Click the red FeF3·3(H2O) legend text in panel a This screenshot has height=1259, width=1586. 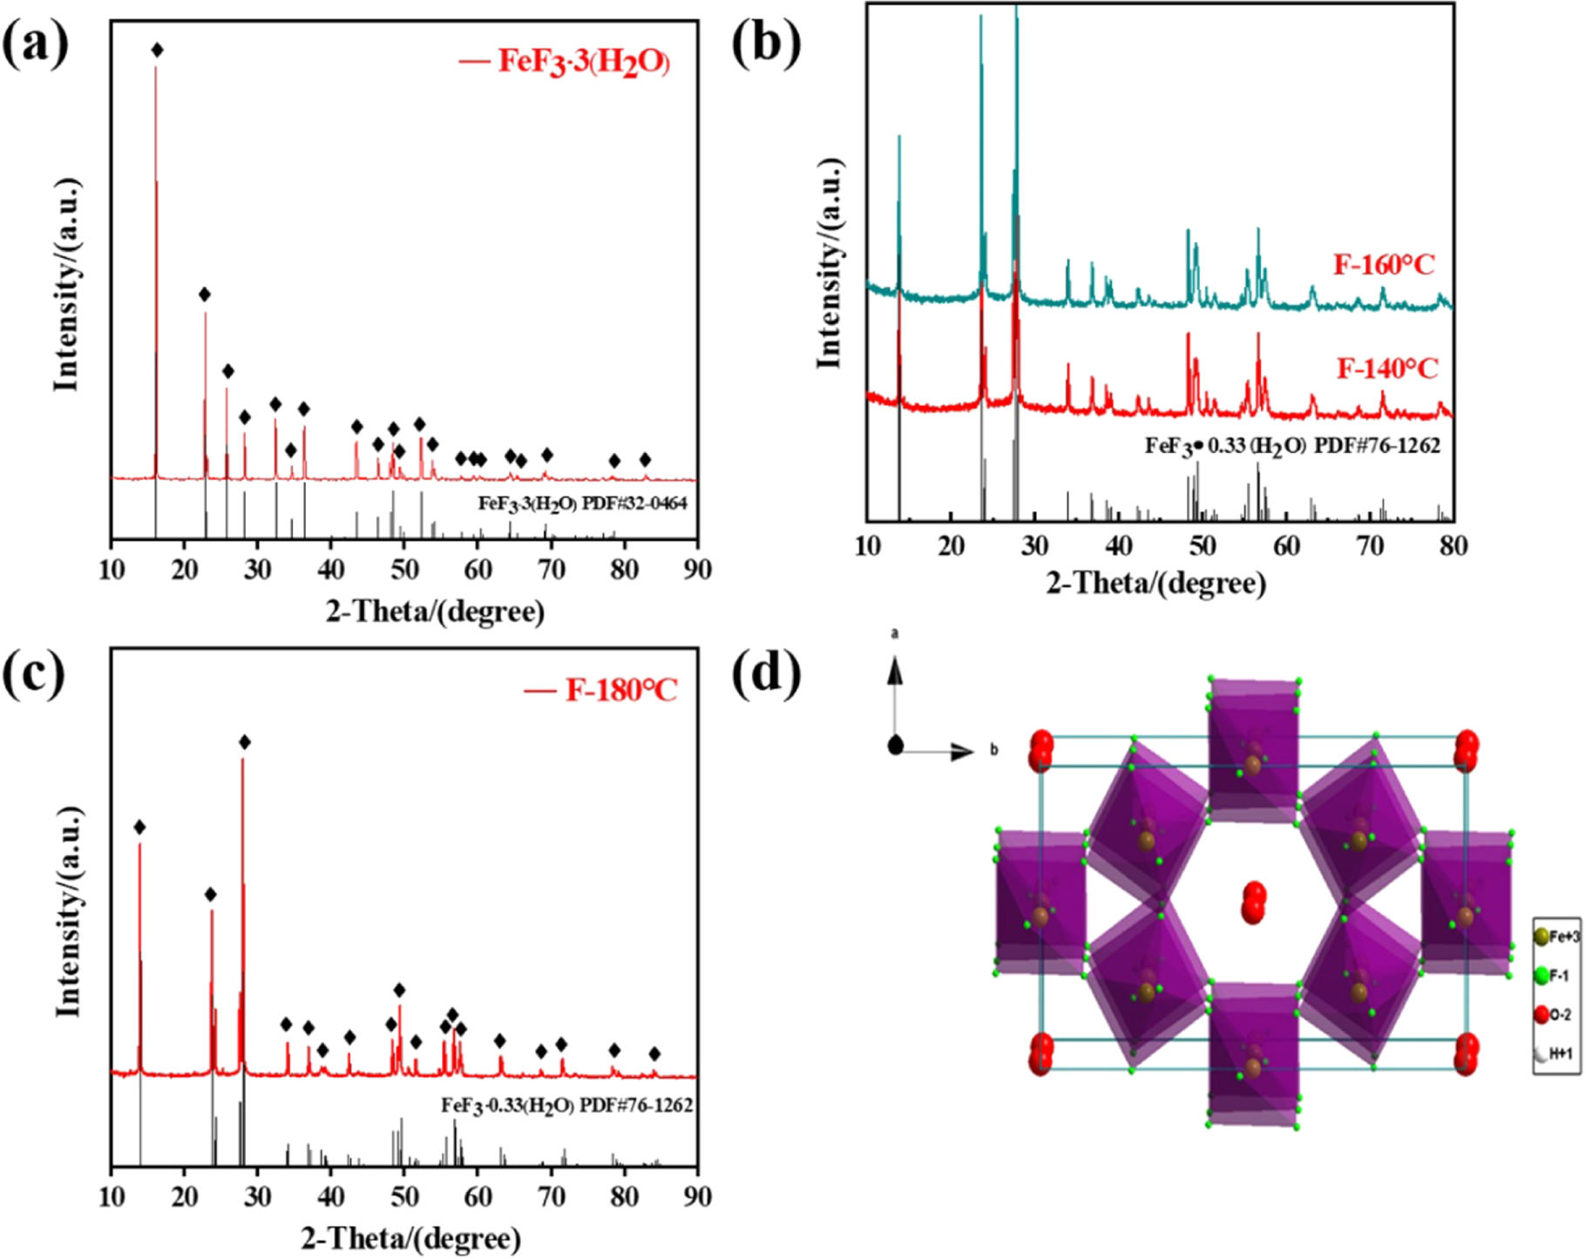pos(583,61)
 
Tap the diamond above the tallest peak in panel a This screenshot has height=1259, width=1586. pos(157,51)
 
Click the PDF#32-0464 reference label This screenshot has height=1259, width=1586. pos(582,503)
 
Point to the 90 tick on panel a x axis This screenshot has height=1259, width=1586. pos(697,570)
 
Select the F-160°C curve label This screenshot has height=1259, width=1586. pos(1383,264)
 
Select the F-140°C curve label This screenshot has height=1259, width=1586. pos(1386,369)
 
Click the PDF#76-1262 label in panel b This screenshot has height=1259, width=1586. pos(1292,445)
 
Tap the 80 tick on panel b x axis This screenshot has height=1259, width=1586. pos(1453,545)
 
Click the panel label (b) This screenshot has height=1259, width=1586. pos(766,44)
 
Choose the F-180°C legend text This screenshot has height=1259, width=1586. pos(620,690)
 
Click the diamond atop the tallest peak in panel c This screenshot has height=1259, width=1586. pos(245,742)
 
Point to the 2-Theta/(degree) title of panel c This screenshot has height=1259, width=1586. pos(411,1238)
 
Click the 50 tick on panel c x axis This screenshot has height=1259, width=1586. pos(404,1196)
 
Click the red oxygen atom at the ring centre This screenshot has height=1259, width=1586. pos(1254,902)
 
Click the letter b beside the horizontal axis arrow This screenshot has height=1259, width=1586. pos(993,750)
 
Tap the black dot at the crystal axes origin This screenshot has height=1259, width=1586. pos(895,746)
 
